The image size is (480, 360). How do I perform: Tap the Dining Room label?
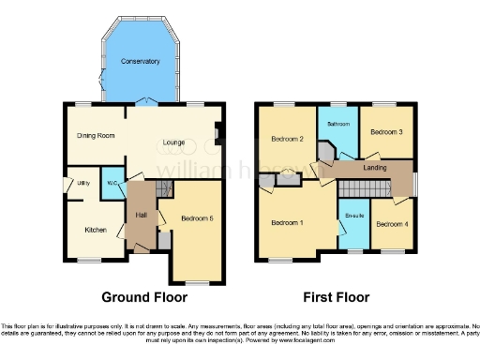(96, 136)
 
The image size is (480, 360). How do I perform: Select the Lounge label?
(173, 142)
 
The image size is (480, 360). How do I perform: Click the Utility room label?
(83, 183)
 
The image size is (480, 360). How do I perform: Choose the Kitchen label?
(96, 229)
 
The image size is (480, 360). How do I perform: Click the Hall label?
(141, 215)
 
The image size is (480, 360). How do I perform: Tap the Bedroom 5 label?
(198, 218)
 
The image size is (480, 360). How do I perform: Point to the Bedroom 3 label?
(386, 132)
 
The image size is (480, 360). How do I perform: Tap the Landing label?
(375, 167)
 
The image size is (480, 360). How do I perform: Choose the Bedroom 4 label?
(391, 224)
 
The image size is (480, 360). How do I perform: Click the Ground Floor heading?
(139, 297)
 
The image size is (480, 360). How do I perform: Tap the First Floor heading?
(335, 297)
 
